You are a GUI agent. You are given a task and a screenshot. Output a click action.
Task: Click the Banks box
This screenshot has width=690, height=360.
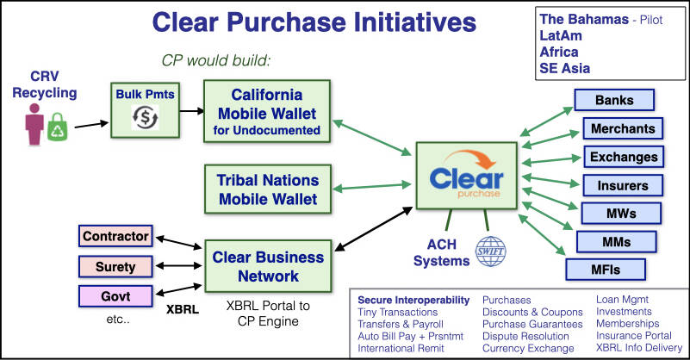[x=614, y=100]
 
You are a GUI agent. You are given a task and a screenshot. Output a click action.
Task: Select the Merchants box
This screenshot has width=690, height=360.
[x=623, y=128]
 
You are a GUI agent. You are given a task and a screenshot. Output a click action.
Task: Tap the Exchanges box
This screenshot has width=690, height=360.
[x=624, y=157]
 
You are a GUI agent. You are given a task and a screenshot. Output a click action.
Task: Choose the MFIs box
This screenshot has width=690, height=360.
[x=606, y=270]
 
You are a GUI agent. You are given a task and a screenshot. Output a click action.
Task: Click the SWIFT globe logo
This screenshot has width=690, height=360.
[x=491, y=251]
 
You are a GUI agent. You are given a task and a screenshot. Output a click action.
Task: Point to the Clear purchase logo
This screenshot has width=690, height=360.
[x=466, y=175]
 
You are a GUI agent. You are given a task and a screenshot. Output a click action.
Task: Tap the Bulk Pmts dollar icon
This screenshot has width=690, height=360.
[x=146, y=117]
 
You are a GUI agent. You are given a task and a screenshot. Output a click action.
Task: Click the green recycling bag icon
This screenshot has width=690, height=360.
[x=58, y=127]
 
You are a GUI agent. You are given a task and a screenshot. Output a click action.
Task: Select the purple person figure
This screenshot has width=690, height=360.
[x=34, y=124]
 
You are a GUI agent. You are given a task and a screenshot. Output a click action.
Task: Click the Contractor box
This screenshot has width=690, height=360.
[x=115, y=236]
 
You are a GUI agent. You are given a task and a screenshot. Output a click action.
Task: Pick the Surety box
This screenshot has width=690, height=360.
[x=115, y=267]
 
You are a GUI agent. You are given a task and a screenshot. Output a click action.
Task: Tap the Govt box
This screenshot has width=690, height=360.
[x=115, y=296]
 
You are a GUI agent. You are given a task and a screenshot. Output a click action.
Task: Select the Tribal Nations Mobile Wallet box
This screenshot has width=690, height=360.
[x=268, y=189]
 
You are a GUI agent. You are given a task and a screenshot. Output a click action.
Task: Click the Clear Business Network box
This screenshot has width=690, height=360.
[x=268, y=266]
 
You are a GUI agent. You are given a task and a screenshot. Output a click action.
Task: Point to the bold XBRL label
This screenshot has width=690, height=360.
[x=183, y=309]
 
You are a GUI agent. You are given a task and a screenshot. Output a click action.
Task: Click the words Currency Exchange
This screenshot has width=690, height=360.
[x=528, y=348]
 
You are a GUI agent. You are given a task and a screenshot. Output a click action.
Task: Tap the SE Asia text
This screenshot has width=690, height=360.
[x=564, y=68]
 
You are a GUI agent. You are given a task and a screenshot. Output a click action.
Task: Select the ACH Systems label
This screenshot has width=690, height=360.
[x=441, y=252]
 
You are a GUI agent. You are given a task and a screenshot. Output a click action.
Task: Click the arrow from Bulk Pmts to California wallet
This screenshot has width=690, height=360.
[x=192, y=111]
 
